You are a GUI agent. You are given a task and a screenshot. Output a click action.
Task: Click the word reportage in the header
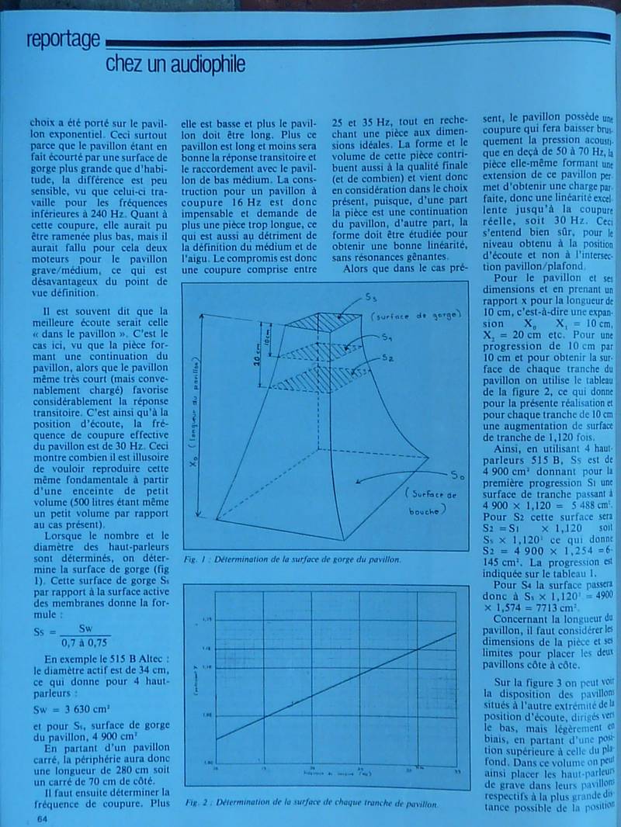pos(62,39)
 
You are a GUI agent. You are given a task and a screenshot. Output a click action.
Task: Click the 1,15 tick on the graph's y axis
pos(206,618)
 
